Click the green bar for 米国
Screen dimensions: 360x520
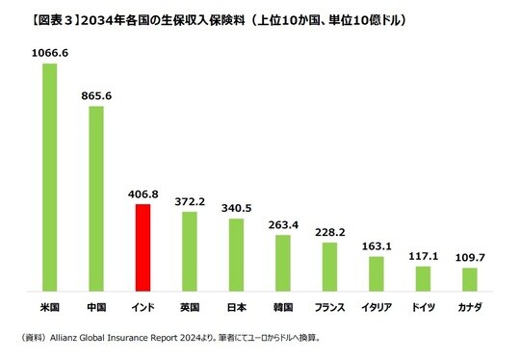coord(49,177)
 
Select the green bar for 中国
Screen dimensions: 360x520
coord(96,198)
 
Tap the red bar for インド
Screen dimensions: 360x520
coord(143,247)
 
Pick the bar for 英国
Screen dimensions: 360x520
coord(190,251)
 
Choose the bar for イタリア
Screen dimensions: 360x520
coord(376,273)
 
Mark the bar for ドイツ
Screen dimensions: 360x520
coord(422,278)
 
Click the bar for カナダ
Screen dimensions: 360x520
coord(469,279)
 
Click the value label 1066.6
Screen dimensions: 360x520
coord(49,55)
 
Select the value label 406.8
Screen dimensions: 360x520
coord(143,194)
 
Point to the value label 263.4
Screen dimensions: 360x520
coord(282,225)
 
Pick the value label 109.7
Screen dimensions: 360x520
coord(469,258)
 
